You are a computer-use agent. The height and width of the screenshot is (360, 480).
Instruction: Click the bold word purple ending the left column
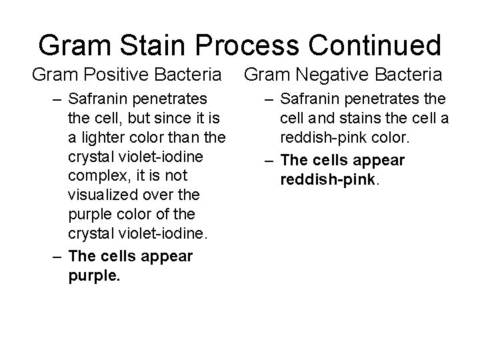93,275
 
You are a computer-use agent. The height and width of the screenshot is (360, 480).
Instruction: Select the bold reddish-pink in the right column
321,179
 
